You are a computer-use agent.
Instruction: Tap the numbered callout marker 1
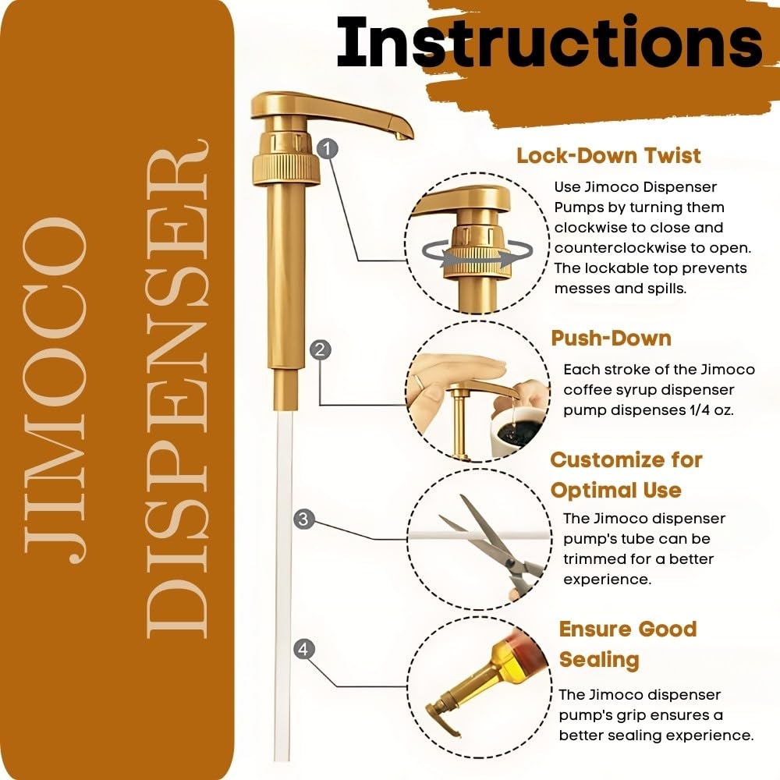point(329,147)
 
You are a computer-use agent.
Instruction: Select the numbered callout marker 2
point(318,349)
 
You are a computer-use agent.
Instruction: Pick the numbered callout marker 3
point(304,519)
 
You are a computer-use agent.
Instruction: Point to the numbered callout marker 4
point(304,647)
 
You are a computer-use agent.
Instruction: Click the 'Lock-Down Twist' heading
point(608,155)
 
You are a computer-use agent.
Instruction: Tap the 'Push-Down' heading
point(611,338)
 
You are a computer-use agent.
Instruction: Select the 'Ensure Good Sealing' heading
point(627,644)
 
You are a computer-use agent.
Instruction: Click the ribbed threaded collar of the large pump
point(285,164)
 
